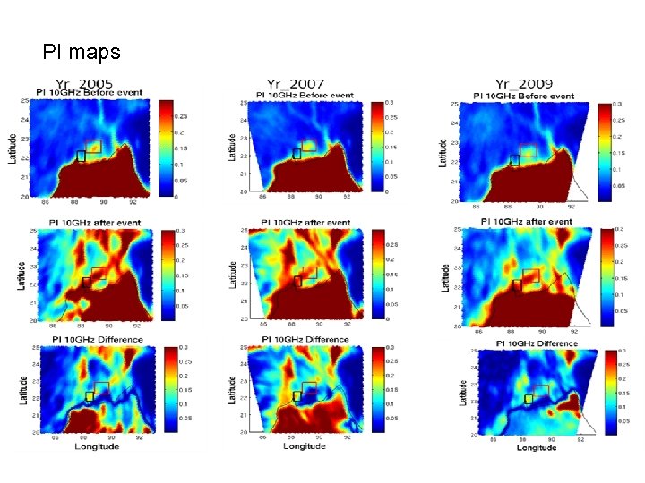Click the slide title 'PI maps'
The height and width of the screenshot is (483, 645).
click(x=82, y=53)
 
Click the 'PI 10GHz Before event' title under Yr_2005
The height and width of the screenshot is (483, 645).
click(x=92, y=93)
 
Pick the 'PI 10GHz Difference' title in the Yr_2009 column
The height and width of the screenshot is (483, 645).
click(x=525, y=343)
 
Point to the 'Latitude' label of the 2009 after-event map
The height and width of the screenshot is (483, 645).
click(x=445, y=275)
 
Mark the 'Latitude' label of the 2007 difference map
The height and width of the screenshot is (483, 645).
click(x=233, y=392)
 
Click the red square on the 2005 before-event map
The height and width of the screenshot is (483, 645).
click(x=92, y=146)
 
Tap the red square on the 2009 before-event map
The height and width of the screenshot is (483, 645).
click(x=528, y=149)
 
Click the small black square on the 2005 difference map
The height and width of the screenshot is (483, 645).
click(x=90, y=396)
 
